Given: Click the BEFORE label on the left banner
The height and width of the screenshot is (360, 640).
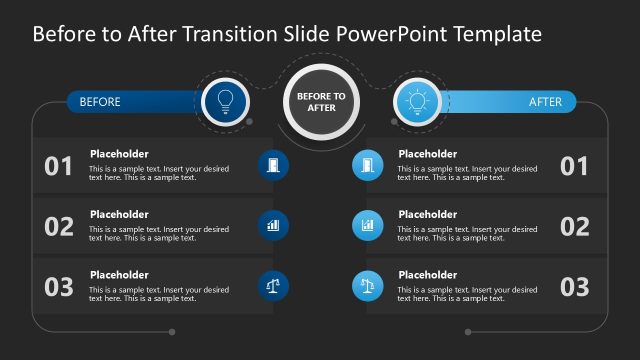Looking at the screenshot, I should click(x=100, y=102).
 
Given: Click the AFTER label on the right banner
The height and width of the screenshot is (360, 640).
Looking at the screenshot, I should click(x=546, y=102).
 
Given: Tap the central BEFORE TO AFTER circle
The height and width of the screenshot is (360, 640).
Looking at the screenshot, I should click(x=321, y=101).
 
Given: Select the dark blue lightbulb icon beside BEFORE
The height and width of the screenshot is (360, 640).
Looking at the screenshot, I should click(x=225, y=101).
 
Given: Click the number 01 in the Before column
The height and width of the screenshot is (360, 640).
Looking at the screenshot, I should click(x=59, y=166).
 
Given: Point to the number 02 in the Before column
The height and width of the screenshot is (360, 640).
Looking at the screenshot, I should click(x=59, y=227).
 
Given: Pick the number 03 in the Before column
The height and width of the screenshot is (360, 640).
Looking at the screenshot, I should click(x=59, y=287).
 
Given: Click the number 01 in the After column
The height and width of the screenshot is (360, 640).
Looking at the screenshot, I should click(x=574, y=166).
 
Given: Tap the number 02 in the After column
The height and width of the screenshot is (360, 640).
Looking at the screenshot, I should click(x=574, y=227).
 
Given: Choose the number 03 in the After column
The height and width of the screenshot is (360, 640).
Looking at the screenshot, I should click(x=574, y=287).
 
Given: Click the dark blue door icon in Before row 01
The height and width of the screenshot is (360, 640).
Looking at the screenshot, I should click(x=273, y=165).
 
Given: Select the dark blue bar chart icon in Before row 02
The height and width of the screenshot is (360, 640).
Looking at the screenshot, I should click(x=273, y=225).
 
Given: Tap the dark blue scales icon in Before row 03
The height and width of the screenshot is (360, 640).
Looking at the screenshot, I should click(x=273, y=286).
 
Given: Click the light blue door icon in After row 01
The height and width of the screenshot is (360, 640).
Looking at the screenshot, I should click(x=367, y=165).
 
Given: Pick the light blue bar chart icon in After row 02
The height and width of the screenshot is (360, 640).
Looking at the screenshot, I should click(x=367, y=225).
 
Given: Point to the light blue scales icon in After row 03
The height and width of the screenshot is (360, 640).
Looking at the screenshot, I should click(x=367, y=286).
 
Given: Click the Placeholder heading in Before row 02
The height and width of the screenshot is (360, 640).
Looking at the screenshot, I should click(x=119, y=214).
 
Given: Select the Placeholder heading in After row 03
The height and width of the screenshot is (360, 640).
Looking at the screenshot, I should click(x=427, y=275).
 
